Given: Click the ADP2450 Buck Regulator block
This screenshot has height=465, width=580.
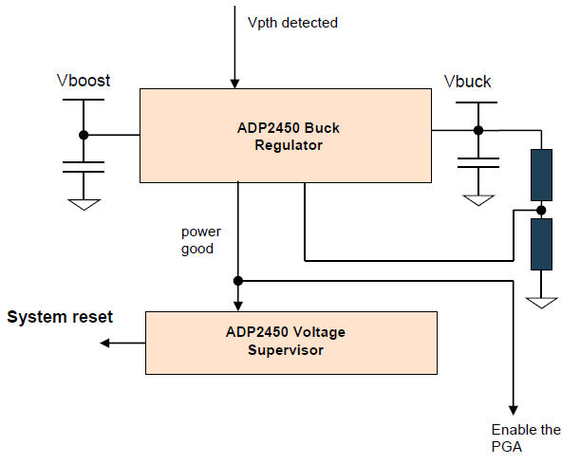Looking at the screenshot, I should [287, 136].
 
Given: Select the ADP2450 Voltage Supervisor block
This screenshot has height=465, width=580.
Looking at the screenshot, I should [290, 342].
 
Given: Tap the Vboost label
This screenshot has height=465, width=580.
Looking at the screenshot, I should [84, 81].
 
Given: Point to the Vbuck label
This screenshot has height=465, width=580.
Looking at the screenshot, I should [468, 82].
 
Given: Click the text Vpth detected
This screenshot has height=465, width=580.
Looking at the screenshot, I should [291, 23].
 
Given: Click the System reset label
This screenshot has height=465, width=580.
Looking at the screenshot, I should [60, 317].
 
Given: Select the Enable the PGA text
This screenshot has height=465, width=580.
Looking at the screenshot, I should [526, 438].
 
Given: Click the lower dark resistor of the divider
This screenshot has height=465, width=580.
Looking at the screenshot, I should [541, 244].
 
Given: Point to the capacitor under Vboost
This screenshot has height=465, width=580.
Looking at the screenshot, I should [84, 167].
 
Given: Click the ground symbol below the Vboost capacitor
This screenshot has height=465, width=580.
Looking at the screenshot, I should [84, 202].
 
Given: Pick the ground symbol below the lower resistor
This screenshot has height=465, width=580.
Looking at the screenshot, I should [541, 302].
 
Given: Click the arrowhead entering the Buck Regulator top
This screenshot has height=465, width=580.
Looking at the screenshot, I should [233, 83].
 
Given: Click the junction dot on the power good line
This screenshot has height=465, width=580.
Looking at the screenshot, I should [237, 281].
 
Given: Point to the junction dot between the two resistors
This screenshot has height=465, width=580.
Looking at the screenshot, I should [541, 210].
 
